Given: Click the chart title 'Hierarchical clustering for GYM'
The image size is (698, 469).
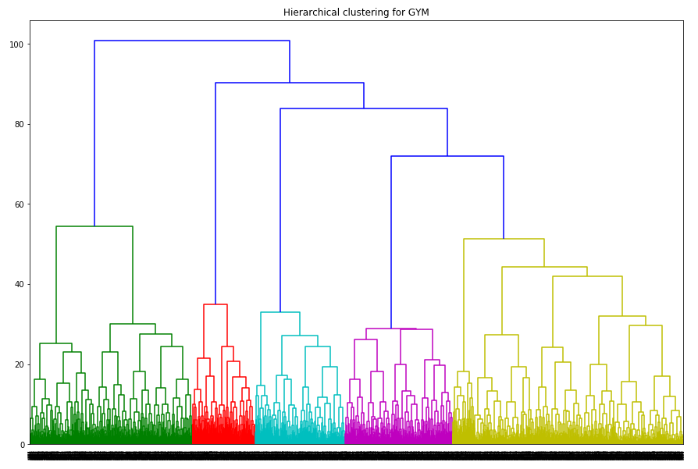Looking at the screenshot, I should click(x=356, y=12).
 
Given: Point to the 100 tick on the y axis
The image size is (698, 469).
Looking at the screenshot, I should click(x=16, y=44).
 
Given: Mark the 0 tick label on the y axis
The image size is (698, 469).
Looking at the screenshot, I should click(x=22, y=445).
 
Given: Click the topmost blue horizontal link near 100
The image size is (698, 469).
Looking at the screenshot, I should click(x=192, y=41).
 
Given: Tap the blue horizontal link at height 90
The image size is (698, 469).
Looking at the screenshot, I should click(x=290, y=83).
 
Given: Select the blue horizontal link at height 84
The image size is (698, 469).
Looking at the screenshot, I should click(x=364, y=108).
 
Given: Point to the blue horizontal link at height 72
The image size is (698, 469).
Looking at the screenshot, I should click(x=447, y=156).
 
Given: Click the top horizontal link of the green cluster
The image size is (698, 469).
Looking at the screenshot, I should click(x=94, y=226).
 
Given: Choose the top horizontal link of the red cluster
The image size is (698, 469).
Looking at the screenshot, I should click(x=215, y=304).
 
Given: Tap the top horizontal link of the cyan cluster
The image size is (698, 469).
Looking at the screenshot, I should click(x=280, y=312).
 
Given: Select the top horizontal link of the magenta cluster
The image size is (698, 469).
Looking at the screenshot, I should click(x=391, y=329).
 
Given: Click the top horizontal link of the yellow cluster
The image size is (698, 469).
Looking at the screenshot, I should click(x=504, y=239).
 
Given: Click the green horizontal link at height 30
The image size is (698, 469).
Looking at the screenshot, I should click(x=133, y=324).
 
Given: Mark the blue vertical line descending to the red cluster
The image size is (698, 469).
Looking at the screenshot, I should click(x=215, y=195).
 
